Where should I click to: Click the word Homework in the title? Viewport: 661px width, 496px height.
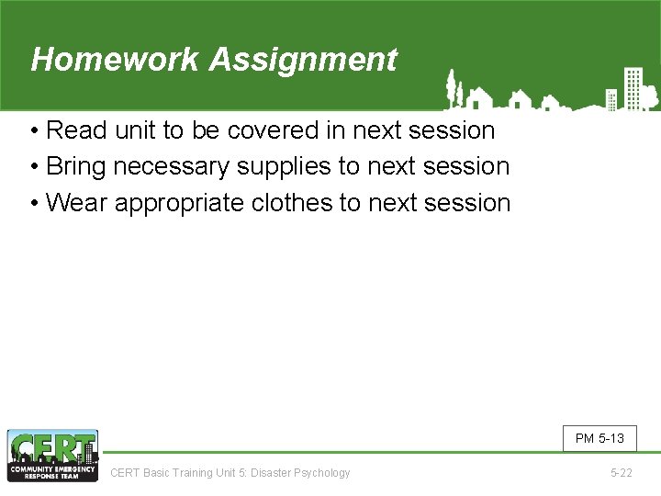tap(115, 60)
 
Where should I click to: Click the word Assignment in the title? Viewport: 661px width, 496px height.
tap(303, 60)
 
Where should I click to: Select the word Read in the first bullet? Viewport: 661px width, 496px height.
tap(76, 131)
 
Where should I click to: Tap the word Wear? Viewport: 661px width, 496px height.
tap(76, 203)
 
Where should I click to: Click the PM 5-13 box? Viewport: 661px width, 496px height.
tap(599, 438)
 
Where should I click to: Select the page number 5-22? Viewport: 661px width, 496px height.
tap(622, 473)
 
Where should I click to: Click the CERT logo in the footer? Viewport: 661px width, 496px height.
tap(52, 456)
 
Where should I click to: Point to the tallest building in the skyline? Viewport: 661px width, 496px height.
tap(633, 87)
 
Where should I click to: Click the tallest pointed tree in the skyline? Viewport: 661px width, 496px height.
tap(451, 87)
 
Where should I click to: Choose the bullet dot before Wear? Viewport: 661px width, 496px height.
tap(35, 203)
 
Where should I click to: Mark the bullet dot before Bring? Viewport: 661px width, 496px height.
tap(35, 167)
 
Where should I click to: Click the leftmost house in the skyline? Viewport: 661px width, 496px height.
tap(478, 97)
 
